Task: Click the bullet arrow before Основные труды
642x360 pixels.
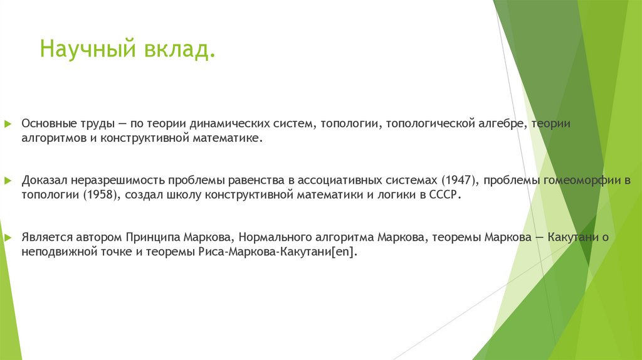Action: [8, 124]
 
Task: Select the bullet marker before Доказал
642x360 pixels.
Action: [8, 181]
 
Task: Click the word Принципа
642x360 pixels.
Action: [154, 238]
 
